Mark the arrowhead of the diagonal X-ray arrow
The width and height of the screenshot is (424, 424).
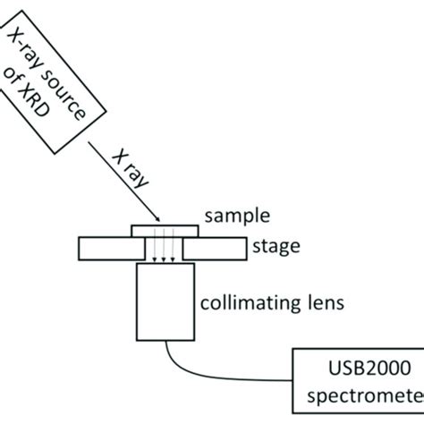[x=158, y=219]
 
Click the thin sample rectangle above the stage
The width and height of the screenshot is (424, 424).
[x=162, y=230]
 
